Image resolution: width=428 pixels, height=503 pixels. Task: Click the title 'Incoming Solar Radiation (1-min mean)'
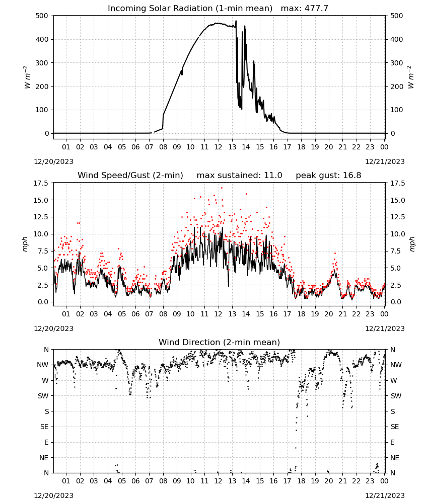pyautogui.click(x=190, y=9)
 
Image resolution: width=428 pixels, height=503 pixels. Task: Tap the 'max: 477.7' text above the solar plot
pyautogui.click(x=305, y=9)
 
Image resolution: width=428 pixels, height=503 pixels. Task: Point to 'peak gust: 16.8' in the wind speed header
pyautogui.click(x=328, y=176)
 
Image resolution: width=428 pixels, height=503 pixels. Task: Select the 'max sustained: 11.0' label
pyautogui.click(x=240, y=176)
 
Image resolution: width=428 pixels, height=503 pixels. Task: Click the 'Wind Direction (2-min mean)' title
pyautogui.click(x=220, y=342)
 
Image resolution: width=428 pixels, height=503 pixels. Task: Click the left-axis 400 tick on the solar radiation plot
pyautogui.click(x=42, y=39)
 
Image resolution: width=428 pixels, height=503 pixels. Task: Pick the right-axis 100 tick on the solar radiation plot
pyautogui.click(x=397, y=110)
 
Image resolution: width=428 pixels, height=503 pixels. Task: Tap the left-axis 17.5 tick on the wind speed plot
pyautogui.click(x=41, y=183)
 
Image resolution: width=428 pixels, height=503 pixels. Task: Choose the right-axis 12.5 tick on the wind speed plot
pyautogui.click(x=398, y=217)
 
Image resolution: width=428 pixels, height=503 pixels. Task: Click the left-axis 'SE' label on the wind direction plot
pyautogui.click(x=44, y=427)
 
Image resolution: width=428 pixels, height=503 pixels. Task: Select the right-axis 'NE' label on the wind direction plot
pyautogui.click(x=395, y=458)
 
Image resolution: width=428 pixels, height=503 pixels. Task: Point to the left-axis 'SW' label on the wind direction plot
pyautogui.click(x=43, y=396)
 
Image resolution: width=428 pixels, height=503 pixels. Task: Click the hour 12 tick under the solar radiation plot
pyautogui.click(x=219, y=147)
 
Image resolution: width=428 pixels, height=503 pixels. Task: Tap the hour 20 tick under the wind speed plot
pyautogui.click(x=329, y=314)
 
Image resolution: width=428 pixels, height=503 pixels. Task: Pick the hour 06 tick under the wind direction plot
pyautogui.click(x=135, y=481)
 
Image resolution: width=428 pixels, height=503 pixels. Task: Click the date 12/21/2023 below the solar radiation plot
pyautogui.click(x=385, y=161)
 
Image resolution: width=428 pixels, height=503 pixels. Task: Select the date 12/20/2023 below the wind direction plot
pyautogui.click(x=53, y=495)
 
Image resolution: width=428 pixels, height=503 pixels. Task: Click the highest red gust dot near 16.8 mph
pyautogui.click(x=222, y=188)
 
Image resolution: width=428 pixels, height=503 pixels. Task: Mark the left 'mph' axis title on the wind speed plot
pyautogui.click(x=25, y=244)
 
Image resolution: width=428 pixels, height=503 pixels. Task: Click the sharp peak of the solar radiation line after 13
pyautogui.click(x=236, y=21)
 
